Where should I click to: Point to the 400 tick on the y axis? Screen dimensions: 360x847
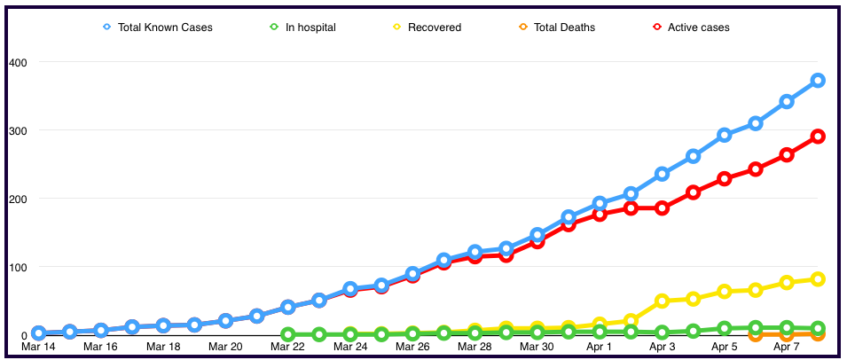point(19,62)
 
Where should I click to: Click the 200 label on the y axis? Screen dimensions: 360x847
point(19,199)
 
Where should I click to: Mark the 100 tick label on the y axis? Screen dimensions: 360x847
point(19,267)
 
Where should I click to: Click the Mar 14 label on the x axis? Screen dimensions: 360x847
point(38,348)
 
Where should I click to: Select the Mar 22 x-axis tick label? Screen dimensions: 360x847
point(287,348)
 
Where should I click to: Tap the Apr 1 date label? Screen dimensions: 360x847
point(600,348)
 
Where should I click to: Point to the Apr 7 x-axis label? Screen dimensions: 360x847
point(787,348)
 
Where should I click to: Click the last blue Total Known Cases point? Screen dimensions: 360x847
point(818,81)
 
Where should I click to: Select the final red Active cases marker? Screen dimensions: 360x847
point(818,137)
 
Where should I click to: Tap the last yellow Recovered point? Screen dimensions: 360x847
point(818,279)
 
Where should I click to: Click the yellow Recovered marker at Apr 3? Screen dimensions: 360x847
point(662,301)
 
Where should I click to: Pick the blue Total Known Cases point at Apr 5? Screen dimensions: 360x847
point(725,135)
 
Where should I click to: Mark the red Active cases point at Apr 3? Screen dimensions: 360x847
point(662,208)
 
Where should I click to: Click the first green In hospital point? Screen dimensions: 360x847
point(287,335)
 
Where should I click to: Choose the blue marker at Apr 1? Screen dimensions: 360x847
point(600,203)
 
